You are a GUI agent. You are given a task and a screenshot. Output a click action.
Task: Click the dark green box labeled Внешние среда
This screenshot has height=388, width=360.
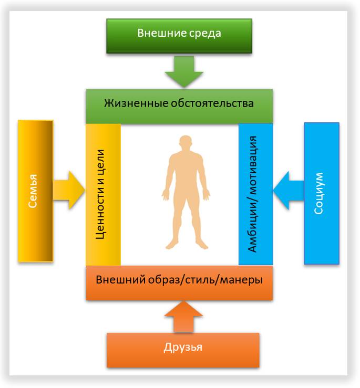(x=179, y=36)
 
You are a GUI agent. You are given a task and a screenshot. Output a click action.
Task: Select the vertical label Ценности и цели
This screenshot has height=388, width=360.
(x=102, y=194)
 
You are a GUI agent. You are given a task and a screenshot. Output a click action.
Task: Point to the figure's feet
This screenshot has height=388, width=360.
(x=184, y=245)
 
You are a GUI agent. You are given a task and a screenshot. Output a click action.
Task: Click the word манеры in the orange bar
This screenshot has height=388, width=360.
(x=244, y=280)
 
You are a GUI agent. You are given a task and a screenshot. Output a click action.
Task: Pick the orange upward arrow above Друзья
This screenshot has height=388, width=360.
(x=183, y=315)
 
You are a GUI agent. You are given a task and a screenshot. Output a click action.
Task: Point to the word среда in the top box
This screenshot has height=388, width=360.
(x=203, y=34)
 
